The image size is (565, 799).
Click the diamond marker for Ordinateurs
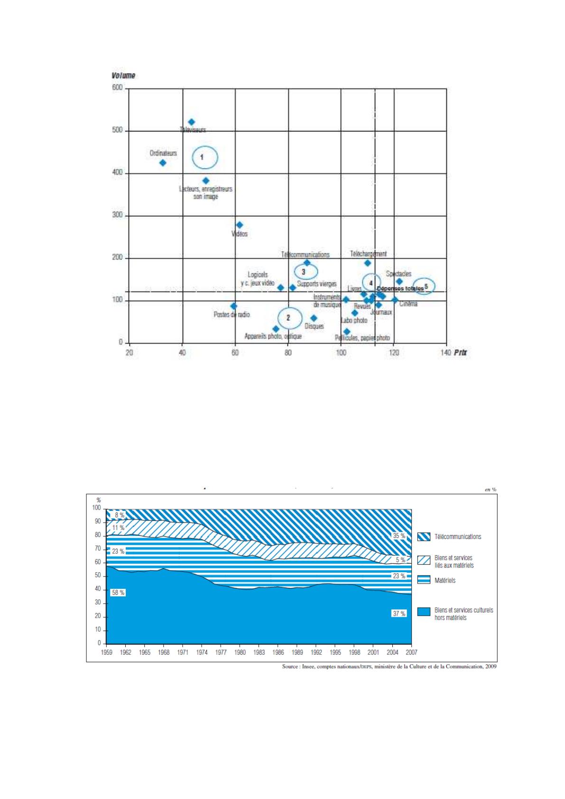click(163, 163)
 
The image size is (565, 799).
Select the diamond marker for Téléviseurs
click(192, 122)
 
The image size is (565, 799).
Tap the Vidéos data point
click(240, 225)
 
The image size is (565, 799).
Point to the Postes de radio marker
click(233, 306)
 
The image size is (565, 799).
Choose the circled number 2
click(287, 318)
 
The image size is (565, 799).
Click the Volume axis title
click(123, 75)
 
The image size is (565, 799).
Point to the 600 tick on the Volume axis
click(117, 88)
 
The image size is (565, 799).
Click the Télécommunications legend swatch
click(424, 537)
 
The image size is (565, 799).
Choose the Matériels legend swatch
click(424, 580)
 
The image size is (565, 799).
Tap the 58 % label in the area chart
click(118, 593)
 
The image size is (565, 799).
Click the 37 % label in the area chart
click(399, 613)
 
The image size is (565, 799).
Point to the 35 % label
click(399, 536)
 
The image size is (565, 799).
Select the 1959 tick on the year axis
click(107, 652)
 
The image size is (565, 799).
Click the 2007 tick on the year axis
click(411, 652)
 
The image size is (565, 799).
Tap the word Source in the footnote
click(290, 666)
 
